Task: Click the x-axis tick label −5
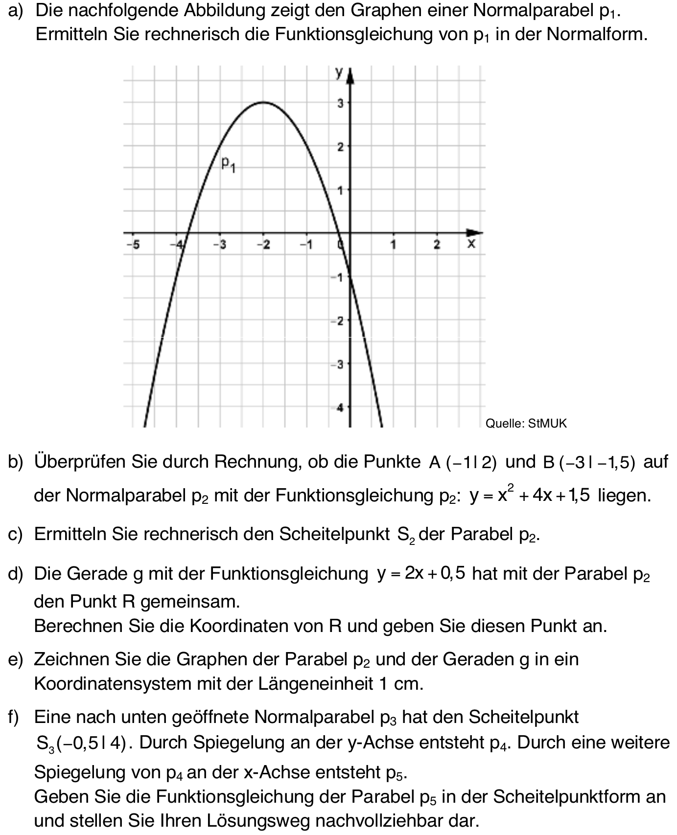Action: pyautogui.click(x=132, y=244)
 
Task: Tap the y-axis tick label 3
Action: pyautogui.click(x=340, y=103)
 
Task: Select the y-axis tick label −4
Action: pyautogui.click(x=339, y=407)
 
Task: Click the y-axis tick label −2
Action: pyautogui.click(x=338, y=321)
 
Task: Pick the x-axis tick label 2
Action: pyautogui.click(x=437, y=244)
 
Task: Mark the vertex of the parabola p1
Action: pyautogui.click(x=263, y=102)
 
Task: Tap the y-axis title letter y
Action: pyautogui.click(x=339, y=72)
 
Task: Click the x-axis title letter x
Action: pyautogui.click(x=471, y=243)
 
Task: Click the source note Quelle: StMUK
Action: pyautogui.click(x=526, y=424)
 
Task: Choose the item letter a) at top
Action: pyautogui.click(x=16, y=11)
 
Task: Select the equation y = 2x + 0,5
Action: pyautogui.click(x=420, y=573)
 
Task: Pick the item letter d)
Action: pyautogui.click(x=16, y=574)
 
